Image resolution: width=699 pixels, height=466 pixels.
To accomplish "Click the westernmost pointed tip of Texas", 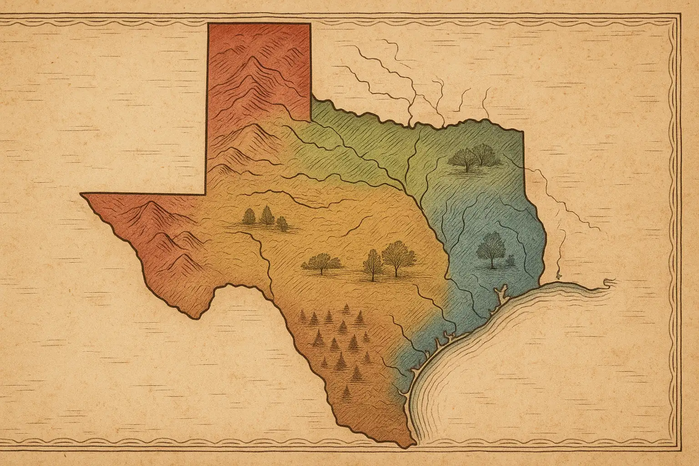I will point(81,194).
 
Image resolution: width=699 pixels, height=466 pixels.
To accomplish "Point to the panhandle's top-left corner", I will point(208,23).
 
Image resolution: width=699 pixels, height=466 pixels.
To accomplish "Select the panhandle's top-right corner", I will point(311,23).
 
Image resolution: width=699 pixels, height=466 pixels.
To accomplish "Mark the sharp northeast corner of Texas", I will point(522,132).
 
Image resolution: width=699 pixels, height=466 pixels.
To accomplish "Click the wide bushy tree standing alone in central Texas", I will point(322,263).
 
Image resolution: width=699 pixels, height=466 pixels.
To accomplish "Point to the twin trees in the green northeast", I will point(474,157).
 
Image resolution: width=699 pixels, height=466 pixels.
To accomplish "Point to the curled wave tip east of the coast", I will point(608,282).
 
